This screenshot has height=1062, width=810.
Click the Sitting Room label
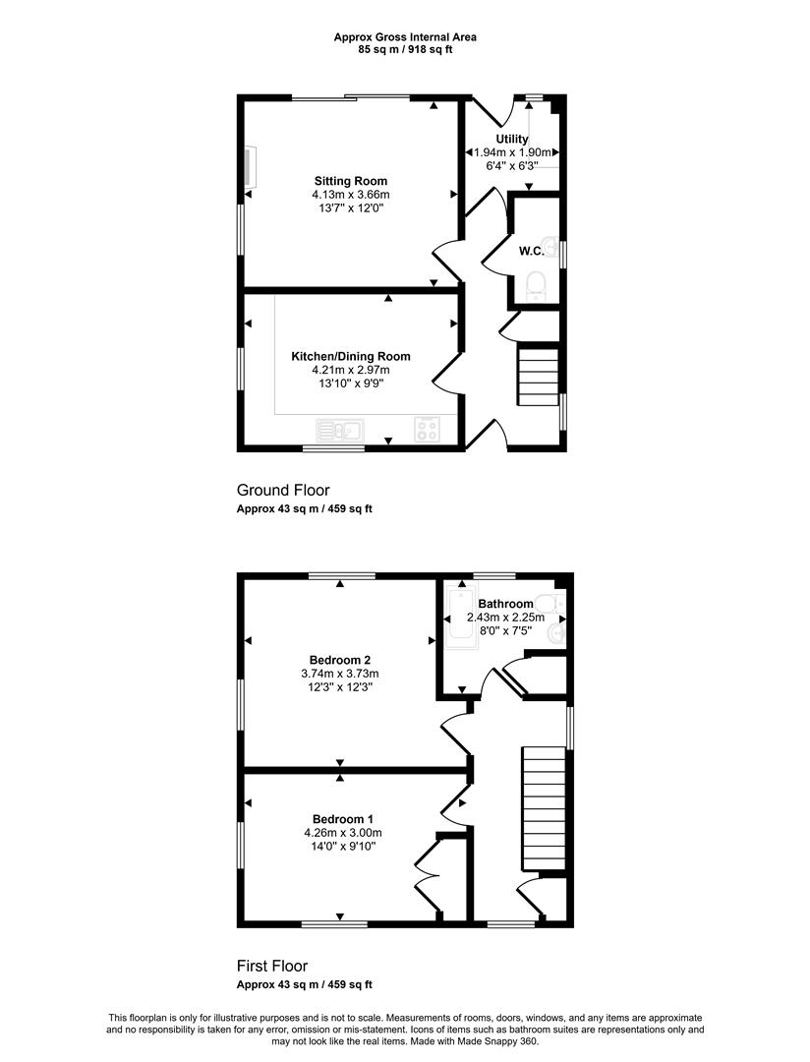tap(351, 181)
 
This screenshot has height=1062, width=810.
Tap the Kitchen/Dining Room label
tap(351, 356)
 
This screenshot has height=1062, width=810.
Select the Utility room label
tap(512, 139)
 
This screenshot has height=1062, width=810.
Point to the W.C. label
tap(532, 252)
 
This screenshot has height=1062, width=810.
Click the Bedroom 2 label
tap(340, 660)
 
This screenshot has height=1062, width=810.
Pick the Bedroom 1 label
tap(343, 819)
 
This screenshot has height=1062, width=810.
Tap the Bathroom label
tap(506, 604)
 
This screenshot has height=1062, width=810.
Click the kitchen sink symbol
tap(340, 430)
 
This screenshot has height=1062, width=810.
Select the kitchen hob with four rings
tap(427, 430)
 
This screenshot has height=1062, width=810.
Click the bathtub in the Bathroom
tap(460, 615)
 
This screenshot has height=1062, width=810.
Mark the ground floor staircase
tap(539, 377)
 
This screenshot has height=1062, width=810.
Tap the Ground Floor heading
tap(283, 490)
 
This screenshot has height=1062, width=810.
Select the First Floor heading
tap(272, 966)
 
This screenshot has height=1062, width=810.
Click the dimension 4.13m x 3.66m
tap(351, 195)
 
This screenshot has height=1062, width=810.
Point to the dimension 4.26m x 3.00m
tap(343, 833)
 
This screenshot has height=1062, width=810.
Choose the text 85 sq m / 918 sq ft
tap(405, 49)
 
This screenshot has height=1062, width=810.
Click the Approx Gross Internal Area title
tap(405, 37)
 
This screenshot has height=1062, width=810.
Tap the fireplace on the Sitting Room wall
tap(250, 166)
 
